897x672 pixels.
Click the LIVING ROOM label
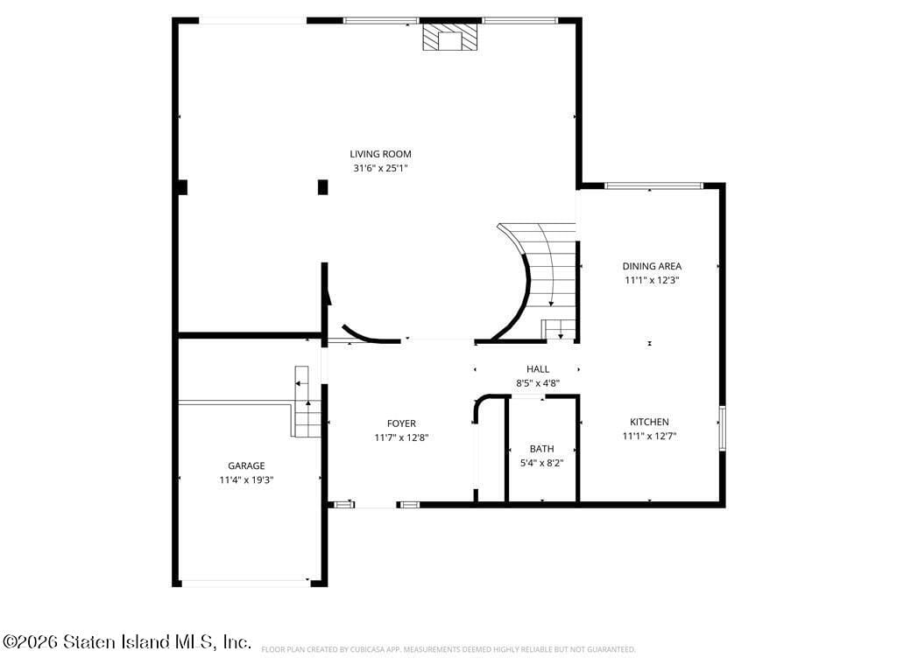click(x=380, y=154)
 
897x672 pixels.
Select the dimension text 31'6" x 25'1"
click(x=380, y=168)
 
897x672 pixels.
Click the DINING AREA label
click(x=652, y=266)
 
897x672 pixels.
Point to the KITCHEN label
click(x=646, y=422)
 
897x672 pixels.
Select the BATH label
click(x=541, y=449)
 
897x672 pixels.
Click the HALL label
click(x=538, y=369)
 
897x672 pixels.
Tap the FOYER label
click(x=401, y=423)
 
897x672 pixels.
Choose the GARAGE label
click(x=246, y=465)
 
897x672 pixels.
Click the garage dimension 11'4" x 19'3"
click(x=246, y=479)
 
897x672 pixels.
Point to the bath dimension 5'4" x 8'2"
click(x=541, y=463)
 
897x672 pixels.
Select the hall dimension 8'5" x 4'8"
click(x=538, y=383)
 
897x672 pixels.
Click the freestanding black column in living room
click(x=322, y=186)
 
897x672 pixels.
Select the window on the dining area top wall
click(x=653, y=185)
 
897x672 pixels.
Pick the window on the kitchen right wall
click(x=723, y=428)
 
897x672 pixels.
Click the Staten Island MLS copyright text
click(x=127, y=642)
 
